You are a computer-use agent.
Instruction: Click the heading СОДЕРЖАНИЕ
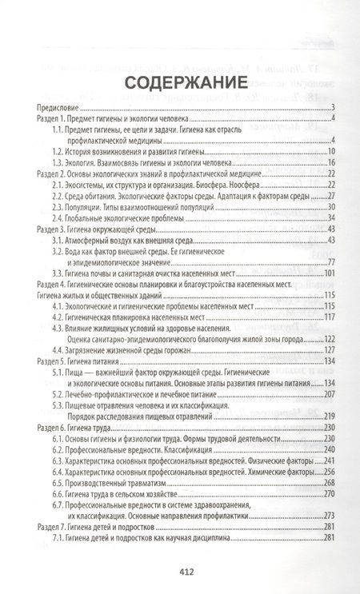(180, 83)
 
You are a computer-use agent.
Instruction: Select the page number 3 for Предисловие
(332, 108)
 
